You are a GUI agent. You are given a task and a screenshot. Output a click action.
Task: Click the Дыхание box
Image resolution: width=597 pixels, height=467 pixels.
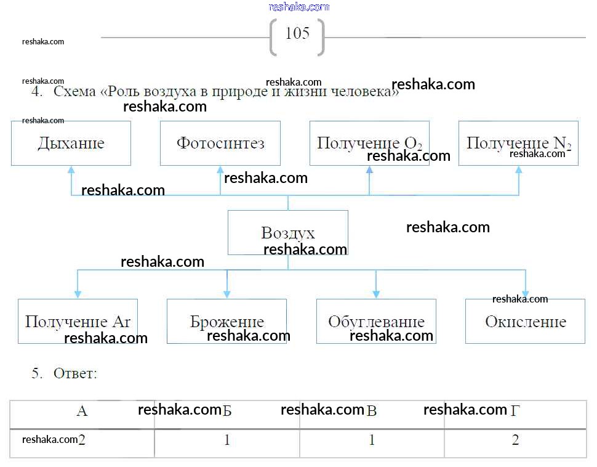point(71,143)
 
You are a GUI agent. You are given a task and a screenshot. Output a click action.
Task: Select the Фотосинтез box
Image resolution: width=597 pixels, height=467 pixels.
point(220,143)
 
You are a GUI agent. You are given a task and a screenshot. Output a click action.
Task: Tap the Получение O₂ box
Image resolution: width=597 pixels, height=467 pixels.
point(369,143)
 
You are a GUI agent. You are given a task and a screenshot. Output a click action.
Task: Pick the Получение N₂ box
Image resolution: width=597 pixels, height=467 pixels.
point(518,143)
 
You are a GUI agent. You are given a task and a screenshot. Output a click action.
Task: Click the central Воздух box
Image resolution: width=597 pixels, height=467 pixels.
point(287,232)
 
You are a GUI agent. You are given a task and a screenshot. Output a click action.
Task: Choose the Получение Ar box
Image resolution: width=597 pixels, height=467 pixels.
point(78,321)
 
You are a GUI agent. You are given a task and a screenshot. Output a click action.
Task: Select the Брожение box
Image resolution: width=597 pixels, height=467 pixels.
point(226,321)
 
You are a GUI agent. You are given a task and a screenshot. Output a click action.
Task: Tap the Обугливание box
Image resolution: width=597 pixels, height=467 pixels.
point(376,321)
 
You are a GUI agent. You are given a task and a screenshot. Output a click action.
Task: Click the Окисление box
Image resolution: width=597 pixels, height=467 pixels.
point(525,321)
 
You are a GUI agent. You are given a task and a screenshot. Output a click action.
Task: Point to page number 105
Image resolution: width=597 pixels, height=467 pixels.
point(297,33)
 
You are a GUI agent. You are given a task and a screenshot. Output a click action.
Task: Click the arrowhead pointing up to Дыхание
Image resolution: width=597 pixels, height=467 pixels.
point(71,169)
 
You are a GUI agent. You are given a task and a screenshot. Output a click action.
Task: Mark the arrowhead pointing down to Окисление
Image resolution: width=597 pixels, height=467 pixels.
point(525,294)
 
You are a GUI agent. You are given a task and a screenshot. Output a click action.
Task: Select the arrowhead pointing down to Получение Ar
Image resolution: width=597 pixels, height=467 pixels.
point(78,294)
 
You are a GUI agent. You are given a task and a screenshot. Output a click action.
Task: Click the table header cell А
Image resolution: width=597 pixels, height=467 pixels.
point(82,411)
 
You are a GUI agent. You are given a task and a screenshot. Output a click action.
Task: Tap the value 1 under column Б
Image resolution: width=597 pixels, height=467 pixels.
point(227,441)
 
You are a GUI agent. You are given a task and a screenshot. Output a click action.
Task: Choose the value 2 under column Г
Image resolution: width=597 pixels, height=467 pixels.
point(515,441)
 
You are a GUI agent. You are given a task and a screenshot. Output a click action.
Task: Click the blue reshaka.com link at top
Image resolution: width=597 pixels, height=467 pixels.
point(299,7)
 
